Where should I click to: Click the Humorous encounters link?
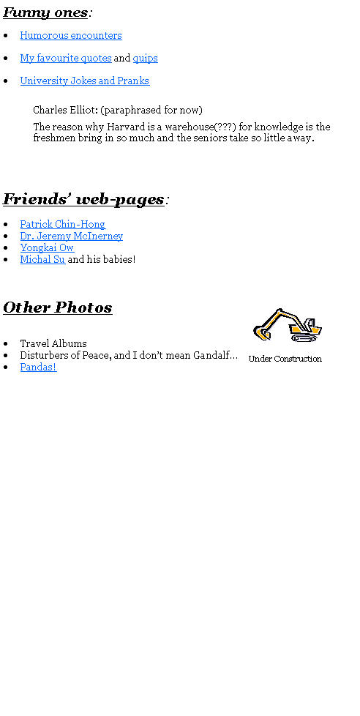[x=71, y=36]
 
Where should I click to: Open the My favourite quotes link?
[x=66, y=59]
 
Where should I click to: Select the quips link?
[x=145, y=59]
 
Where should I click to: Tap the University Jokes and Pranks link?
[x=84, y=81]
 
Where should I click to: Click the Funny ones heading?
[x=45, y=12]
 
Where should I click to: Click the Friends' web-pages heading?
[x=83, y=200]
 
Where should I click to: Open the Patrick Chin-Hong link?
[x=63, y=224]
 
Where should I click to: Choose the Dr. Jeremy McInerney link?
[x=72, y=236]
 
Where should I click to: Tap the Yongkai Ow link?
[x=47, y=248]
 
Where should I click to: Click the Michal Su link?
[x=43, y=259]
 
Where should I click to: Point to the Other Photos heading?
[x=58, y=307]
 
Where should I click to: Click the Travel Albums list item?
[x=53, y=343]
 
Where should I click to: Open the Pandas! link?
[x=38, y=367]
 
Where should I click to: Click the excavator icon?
[x=288, y=325]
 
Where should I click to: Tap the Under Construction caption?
[x=285, y=359]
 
